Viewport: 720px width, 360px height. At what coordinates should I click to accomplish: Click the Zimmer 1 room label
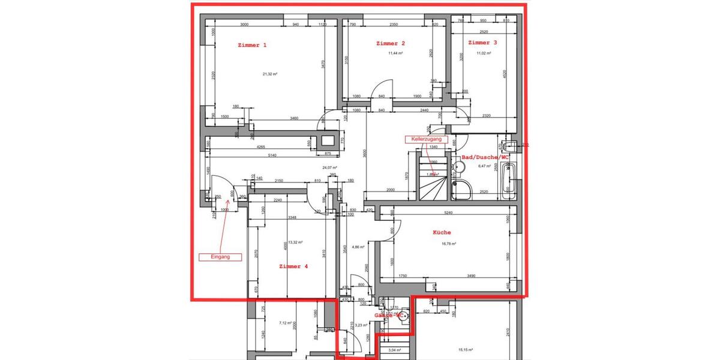click(252, 45)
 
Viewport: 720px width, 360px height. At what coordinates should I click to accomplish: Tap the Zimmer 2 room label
click(391, 43)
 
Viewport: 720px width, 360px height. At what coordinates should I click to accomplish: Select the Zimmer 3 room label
click(482, 43)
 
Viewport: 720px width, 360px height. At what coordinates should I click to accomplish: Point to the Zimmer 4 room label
click(293, 266)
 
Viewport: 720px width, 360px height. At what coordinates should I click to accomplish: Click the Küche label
click(442, 232)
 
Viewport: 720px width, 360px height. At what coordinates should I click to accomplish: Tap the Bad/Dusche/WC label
click(484, 157)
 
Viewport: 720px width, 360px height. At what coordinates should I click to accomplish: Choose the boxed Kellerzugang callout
click(427, 139)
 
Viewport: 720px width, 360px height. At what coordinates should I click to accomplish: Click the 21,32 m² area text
click(269, 74)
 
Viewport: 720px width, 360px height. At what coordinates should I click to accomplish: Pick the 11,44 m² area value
click(395, 53)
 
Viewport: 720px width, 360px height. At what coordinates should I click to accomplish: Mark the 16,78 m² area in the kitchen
click(448, 244)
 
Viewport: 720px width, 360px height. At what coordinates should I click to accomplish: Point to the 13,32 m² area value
click(295, 242)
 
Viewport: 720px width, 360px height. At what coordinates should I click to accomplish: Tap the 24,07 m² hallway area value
click(329, 168)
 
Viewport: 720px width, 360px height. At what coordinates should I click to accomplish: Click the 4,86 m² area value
click(359, 247)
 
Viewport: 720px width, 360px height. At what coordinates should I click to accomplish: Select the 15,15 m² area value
click(466, 350)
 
